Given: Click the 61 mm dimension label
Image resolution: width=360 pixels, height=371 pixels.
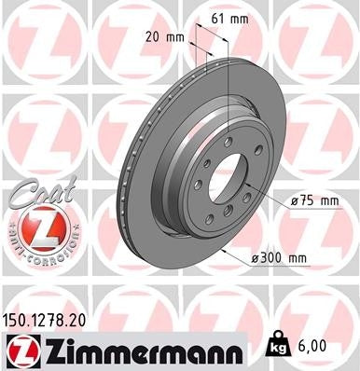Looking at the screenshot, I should click(227, 18).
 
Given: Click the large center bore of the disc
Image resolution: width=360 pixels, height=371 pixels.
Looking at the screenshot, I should click(229, 186).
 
